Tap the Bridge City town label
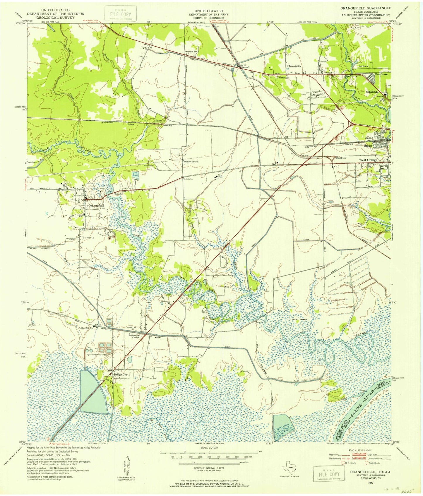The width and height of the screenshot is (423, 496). pyautogui.click(x=121, y=374)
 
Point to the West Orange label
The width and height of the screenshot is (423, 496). pyautogui.click(x=368, y=160)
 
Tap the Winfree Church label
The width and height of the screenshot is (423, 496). pyautogui.click(x=191, y=162)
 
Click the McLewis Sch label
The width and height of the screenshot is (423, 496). pyautogui.click(x=191, y=52)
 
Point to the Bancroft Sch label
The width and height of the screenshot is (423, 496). pyautogui.click(x=294, y=66)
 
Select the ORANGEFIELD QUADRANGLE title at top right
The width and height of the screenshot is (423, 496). pyautogui.click(x=371, y=8)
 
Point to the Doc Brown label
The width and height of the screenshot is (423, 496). pyautogui.click(x=341, y=158)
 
